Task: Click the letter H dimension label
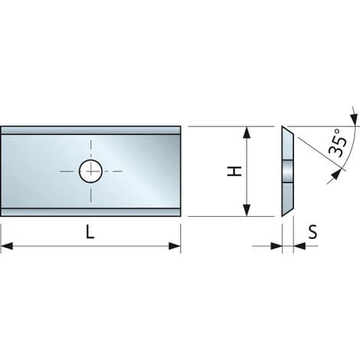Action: (235, 171)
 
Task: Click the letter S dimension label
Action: (313, 232)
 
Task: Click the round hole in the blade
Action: (90, 171)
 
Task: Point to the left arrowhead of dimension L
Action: (7, 247)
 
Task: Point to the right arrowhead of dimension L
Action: (175, 247)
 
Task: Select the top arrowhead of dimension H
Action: (247, 133)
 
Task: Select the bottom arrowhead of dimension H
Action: (247, 210)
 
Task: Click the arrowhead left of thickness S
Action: (277, 247)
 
